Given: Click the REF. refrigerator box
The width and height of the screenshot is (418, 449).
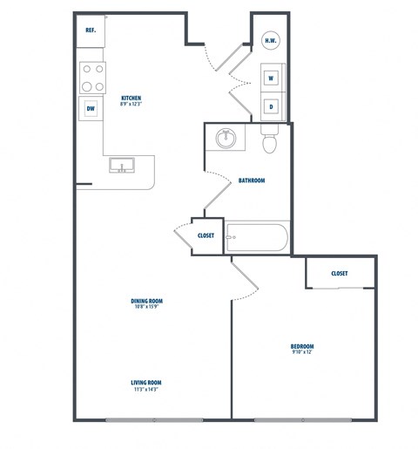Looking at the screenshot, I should point(90,31).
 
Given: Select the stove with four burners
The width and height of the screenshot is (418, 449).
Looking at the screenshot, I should point(92,78).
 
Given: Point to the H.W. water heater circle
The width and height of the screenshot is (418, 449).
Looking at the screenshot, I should point(272,39).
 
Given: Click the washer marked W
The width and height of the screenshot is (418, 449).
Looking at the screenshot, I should point(272,78).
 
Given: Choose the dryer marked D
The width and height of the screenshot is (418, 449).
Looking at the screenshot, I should point(272,106).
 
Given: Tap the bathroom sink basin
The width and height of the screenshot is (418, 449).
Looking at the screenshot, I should point(227,137).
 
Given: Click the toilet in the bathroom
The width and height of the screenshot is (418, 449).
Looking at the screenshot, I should point(270,140).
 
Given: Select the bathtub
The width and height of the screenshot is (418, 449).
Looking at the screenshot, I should point(257,238).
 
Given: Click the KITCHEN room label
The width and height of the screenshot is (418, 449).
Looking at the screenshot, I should point(131,98).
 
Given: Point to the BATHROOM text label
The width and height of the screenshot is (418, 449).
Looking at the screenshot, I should point(251,180).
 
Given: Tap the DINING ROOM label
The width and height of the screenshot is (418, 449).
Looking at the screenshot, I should point(148,300).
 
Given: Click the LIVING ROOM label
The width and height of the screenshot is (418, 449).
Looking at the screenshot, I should point(147,383).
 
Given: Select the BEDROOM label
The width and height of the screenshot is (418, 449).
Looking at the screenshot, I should point(302,346).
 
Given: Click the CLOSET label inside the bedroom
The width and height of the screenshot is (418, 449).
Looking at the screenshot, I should point(340,273).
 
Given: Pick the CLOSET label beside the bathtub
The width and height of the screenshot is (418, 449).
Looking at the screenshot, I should point(206,235).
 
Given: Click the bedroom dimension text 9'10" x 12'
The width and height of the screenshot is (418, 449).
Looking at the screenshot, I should point(302,353).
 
